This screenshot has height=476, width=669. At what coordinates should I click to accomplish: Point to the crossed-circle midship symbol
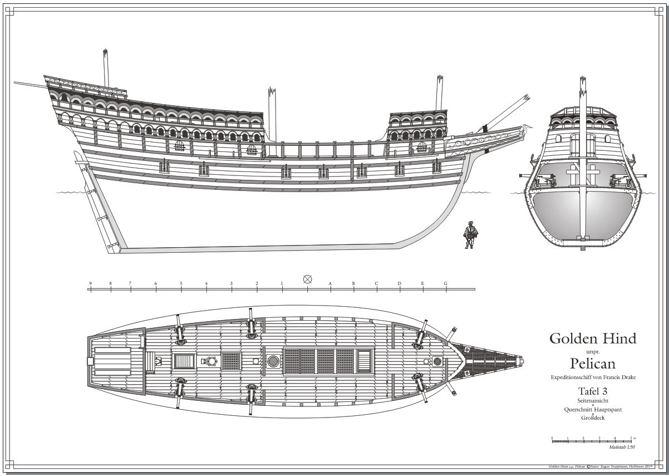click(x=307, y=279)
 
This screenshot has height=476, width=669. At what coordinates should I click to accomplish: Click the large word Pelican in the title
click(x=592, y=364)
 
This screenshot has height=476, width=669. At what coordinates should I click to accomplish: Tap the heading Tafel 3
click(x=592, y=391)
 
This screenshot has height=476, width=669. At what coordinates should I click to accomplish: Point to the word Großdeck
click(x=592, y=418)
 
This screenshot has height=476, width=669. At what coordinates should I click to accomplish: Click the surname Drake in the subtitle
click(x=626, y=377)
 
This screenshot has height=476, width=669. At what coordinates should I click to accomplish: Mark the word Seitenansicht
click(x=592, y=401)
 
